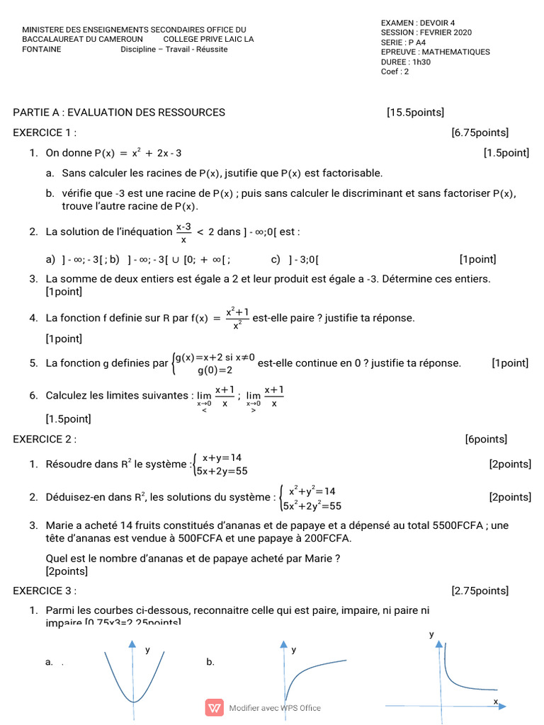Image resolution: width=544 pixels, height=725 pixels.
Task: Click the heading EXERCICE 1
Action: coord(45,132)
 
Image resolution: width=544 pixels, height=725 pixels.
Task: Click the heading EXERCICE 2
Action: coord(45,439)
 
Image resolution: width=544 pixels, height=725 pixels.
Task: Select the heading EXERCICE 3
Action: coord(45,590)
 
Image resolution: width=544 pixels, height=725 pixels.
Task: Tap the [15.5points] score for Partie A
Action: coord(416,112)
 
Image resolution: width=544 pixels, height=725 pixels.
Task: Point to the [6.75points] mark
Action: coord(480,132)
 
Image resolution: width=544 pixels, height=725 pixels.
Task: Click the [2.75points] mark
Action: coord(480,590)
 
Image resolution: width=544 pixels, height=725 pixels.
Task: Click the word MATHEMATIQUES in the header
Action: coord(456,52)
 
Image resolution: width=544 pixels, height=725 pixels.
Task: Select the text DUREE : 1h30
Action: coord(406,62)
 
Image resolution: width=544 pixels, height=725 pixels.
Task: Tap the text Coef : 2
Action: coord(395,72)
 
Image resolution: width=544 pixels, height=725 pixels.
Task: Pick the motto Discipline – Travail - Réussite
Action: coord(174,50)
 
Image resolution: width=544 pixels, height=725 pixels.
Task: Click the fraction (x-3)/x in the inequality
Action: coord(183,232)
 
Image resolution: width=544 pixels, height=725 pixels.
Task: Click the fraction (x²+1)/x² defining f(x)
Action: coord(237,318)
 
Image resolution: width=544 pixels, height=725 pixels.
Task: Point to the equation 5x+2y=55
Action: coord(223,470)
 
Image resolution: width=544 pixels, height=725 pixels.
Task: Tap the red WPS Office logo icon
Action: coord(214,707)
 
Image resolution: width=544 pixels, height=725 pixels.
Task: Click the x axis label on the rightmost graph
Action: coord(496,701)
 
